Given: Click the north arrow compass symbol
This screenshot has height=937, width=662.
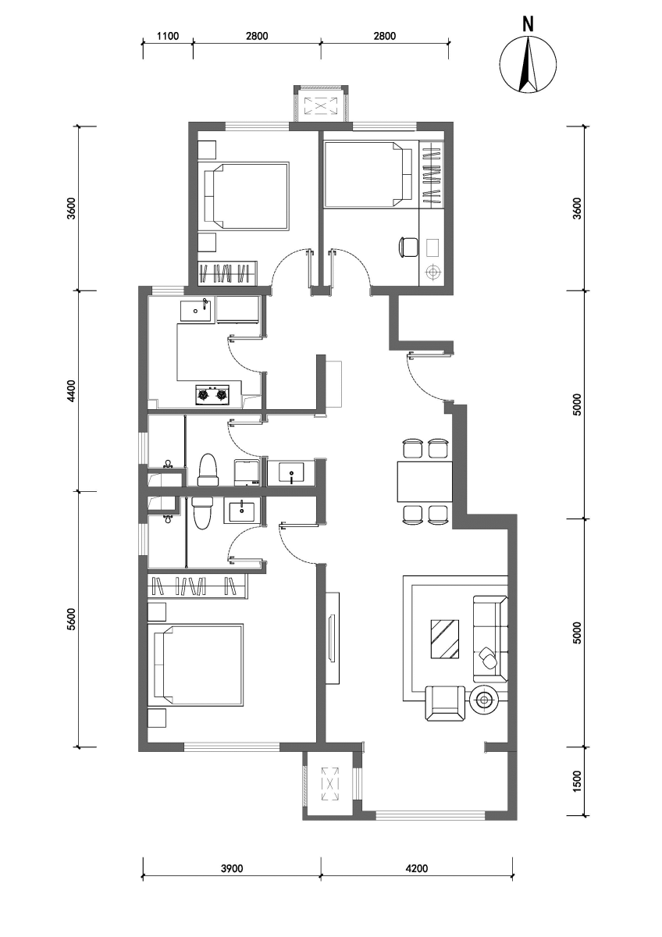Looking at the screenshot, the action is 528,64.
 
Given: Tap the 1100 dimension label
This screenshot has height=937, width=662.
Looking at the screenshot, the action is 168,36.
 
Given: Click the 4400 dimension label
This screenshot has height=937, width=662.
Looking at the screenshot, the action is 72,390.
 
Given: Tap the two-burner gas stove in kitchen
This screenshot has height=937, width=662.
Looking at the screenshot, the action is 212,394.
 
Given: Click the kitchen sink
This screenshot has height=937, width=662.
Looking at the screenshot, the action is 196,311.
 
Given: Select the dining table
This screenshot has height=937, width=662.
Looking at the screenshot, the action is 425,482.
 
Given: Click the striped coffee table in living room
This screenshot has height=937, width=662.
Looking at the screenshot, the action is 445,640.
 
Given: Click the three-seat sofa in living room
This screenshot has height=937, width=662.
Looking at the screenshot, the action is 490,640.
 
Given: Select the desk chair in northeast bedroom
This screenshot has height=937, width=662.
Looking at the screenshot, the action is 408,247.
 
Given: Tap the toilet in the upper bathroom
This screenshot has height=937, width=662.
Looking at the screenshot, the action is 208,470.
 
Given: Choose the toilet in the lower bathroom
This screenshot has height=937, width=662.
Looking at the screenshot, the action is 202,513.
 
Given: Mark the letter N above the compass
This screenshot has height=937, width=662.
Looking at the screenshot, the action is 529,24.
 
